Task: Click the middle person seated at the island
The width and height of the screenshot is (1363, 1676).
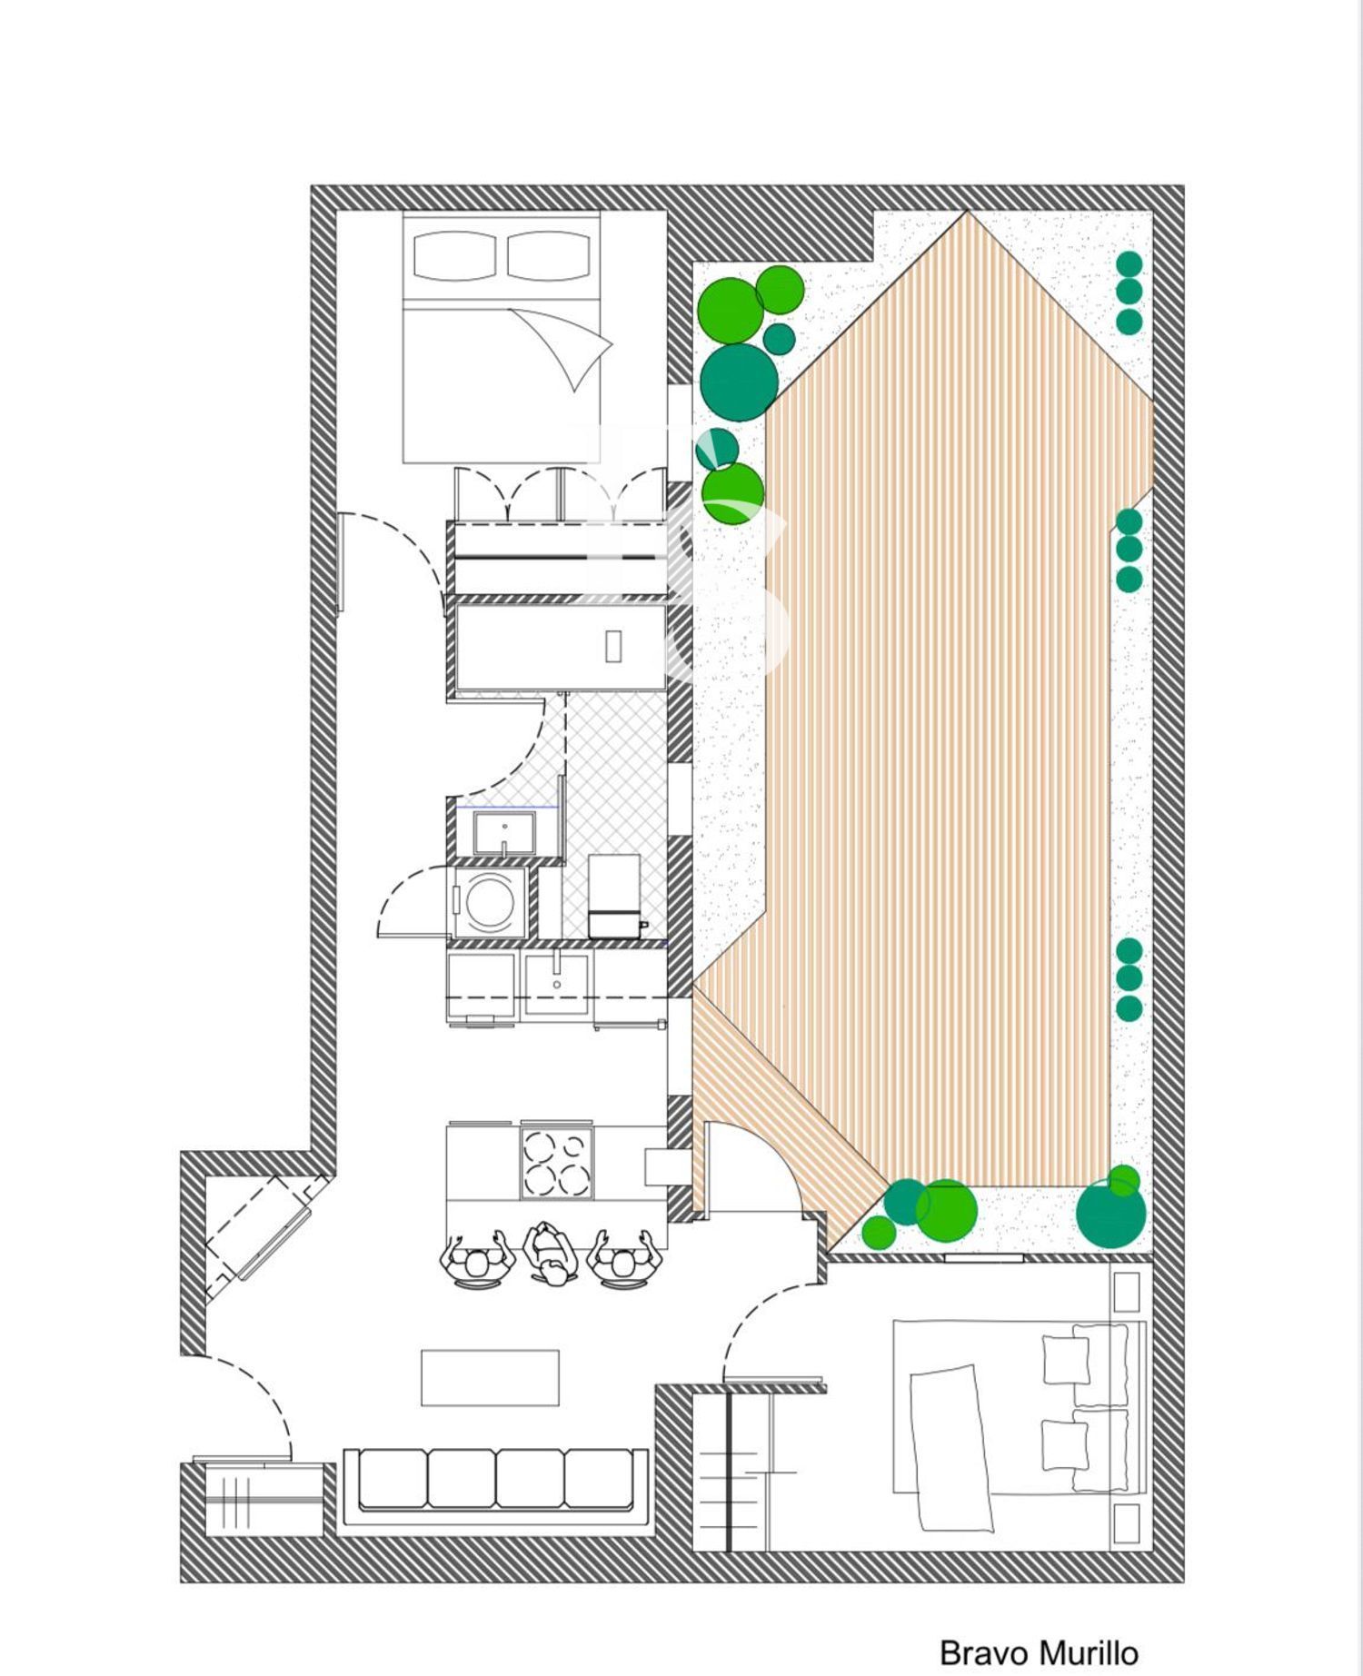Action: click(x=551, y=1255)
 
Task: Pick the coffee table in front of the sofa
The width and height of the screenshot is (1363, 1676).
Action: click(x=490, y=1377)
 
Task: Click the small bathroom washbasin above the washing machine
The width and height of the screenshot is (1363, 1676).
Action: click(x=503, y=833)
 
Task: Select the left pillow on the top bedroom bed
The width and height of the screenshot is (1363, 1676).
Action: click(x=454, y=255)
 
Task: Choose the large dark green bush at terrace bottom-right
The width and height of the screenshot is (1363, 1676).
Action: click(x=1111, y=1213)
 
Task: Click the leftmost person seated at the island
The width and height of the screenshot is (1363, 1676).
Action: click(x=477, y=1258)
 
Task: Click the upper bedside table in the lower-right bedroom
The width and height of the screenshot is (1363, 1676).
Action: click(x=1126, y=1292)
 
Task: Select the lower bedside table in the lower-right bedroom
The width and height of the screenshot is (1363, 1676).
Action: click(x=1126, y=1523)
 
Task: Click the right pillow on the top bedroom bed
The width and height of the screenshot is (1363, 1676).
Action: click(x=549, y=255)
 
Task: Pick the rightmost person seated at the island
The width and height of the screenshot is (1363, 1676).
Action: click(x=622, y=1258)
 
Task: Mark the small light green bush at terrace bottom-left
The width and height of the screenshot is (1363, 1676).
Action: click(x=879, y=1233)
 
